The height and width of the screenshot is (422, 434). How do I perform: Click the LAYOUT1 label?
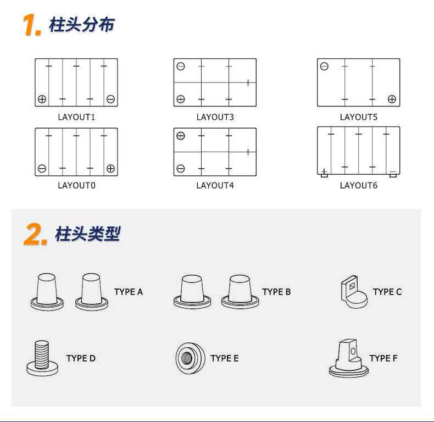click(76, 117)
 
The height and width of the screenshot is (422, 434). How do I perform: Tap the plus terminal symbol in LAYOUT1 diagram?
click(42, 99)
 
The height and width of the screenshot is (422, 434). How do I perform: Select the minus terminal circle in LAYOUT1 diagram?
click(110, 99)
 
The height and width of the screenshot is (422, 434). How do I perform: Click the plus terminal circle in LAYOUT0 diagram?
click(110, 168)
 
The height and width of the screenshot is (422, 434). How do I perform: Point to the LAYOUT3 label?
click(215, 117)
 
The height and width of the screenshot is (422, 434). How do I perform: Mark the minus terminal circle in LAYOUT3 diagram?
click(181, 66)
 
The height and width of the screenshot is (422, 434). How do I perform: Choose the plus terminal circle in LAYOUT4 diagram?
click(181, 136)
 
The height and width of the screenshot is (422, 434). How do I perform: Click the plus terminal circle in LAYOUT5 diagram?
click(392, 99)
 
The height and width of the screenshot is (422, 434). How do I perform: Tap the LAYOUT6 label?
click(358, 185)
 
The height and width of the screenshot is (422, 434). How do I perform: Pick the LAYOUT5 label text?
click(358, 117)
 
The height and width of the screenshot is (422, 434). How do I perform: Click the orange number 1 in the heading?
click(32, 25)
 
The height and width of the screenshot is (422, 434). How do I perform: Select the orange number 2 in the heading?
click(36, 235)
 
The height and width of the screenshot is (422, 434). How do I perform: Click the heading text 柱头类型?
click(87, 234)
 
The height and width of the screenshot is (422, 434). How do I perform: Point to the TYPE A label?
click(129, 292)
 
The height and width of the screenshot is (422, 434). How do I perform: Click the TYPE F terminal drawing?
click(348, 358)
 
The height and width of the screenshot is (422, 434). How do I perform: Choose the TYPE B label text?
click(276, 292)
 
